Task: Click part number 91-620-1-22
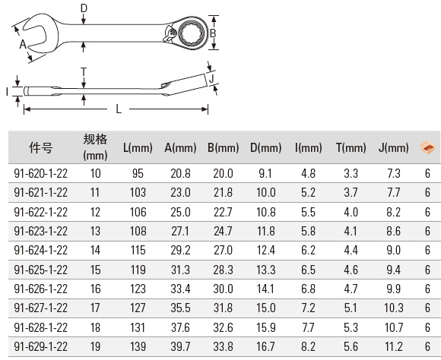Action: coord(41,173)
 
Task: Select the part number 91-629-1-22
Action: coord(41,346)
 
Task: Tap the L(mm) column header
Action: coord(138,148)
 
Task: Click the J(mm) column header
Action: coord(393,148)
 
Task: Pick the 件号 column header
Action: coord(41,147)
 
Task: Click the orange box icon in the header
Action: coord(427,147)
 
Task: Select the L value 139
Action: coord(138,346)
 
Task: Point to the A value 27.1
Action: coord(180,232)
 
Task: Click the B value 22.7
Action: coord(223,212)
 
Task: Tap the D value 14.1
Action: coord(265,289)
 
